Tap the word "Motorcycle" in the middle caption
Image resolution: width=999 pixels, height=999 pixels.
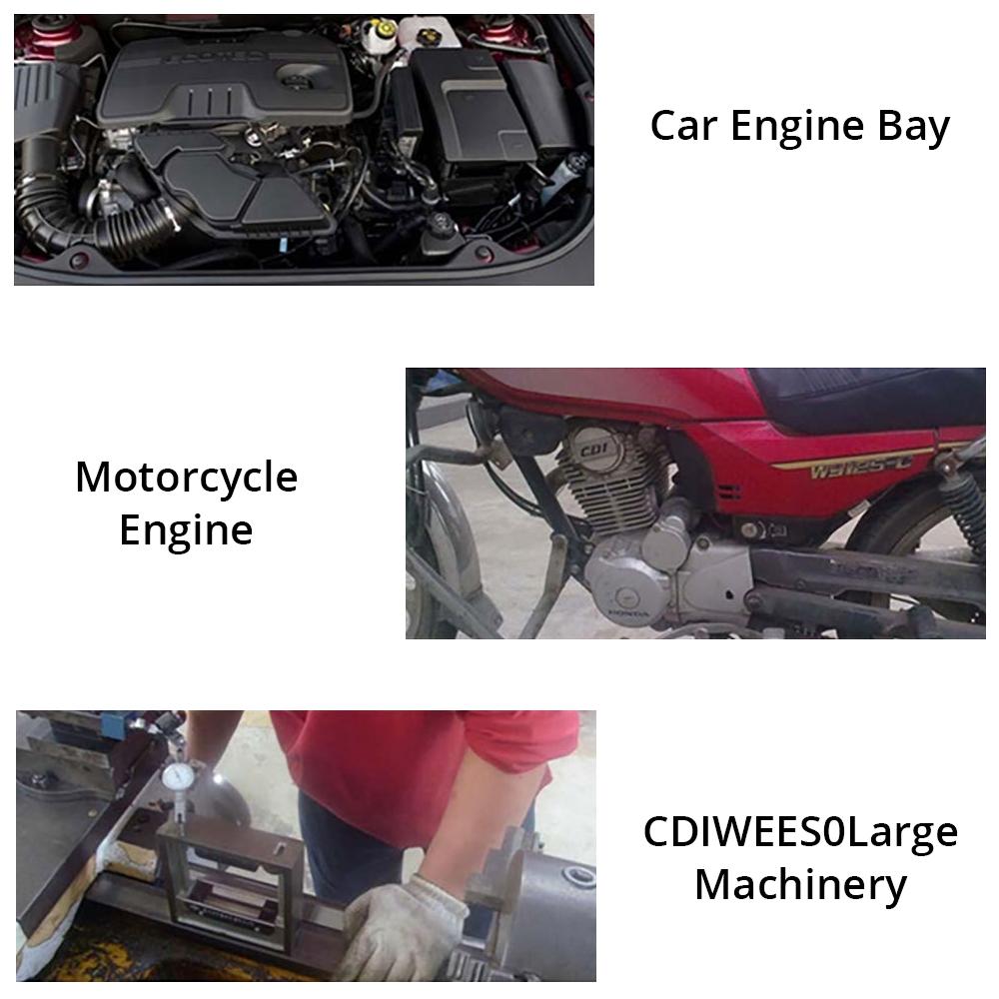[x=186, y=478]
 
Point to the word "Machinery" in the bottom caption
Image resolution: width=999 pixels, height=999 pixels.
[x=800, y=884]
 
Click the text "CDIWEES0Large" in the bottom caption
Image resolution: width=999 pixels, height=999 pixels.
[x=800, y=832]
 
